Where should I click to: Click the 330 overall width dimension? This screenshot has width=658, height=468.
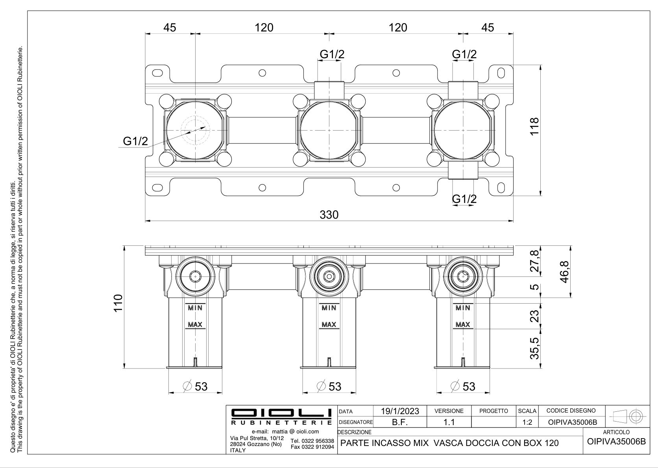click(x=329, y=215)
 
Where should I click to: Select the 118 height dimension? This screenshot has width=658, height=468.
click(x=534, y=126)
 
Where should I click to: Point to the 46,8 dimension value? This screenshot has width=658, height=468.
click(x=565, y=272)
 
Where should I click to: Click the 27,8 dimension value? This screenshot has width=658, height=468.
click(x=534, y=262)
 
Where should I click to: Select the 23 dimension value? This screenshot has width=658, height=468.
click(x=534, y=316)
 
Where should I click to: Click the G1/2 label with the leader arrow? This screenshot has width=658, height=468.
click(x=135, y=141)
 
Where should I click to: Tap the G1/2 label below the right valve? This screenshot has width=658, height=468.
click(x=464, y=199)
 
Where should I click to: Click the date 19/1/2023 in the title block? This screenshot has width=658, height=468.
click(x=400, y=411)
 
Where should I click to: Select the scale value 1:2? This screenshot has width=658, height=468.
click(x=527, y=422)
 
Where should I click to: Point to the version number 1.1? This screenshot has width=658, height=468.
click(x=449, y=422)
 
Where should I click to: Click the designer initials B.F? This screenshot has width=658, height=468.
click(x=399, y=422)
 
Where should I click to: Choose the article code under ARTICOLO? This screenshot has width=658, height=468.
click(x=616, y=441)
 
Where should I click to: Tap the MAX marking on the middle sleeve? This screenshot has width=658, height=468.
click(x=329, y=325)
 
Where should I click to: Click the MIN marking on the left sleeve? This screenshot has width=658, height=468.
click(x=195, y=308)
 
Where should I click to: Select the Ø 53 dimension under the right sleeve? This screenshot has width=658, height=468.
click(x=464, y=387)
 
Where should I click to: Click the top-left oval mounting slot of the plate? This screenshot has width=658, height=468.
click(x=157, y=73)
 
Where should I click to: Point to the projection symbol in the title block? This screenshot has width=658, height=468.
click(x=627, y=416)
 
